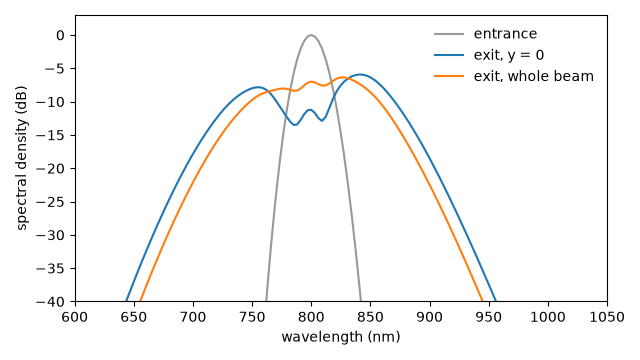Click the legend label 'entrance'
coord(505,34)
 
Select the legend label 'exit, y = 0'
coord(509,55)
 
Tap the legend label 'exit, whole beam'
coord(533,76)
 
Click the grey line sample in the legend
coord(449,34)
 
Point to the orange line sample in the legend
coord(449,76)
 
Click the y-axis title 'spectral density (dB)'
coord(22,158)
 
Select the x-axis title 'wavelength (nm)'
coord(341,337)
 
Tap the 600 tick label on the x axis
coord(75,317)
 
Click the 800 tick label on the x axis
coord(311,317)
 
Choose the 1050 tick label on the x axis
coord(607,317)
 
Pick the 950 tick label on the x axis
coord(489,317)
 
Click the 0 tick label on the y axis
coord(60,36)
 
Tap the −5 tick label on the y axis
coord(55,69)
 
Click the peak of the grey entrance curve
coord(311,36)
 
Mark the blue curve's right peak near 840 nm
coord(360,75)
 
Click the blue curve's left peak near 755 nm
coord(258,87)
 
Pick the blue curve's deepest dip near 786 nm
coord(295,125)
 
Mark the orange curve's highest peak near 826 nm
coord(342,77)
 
